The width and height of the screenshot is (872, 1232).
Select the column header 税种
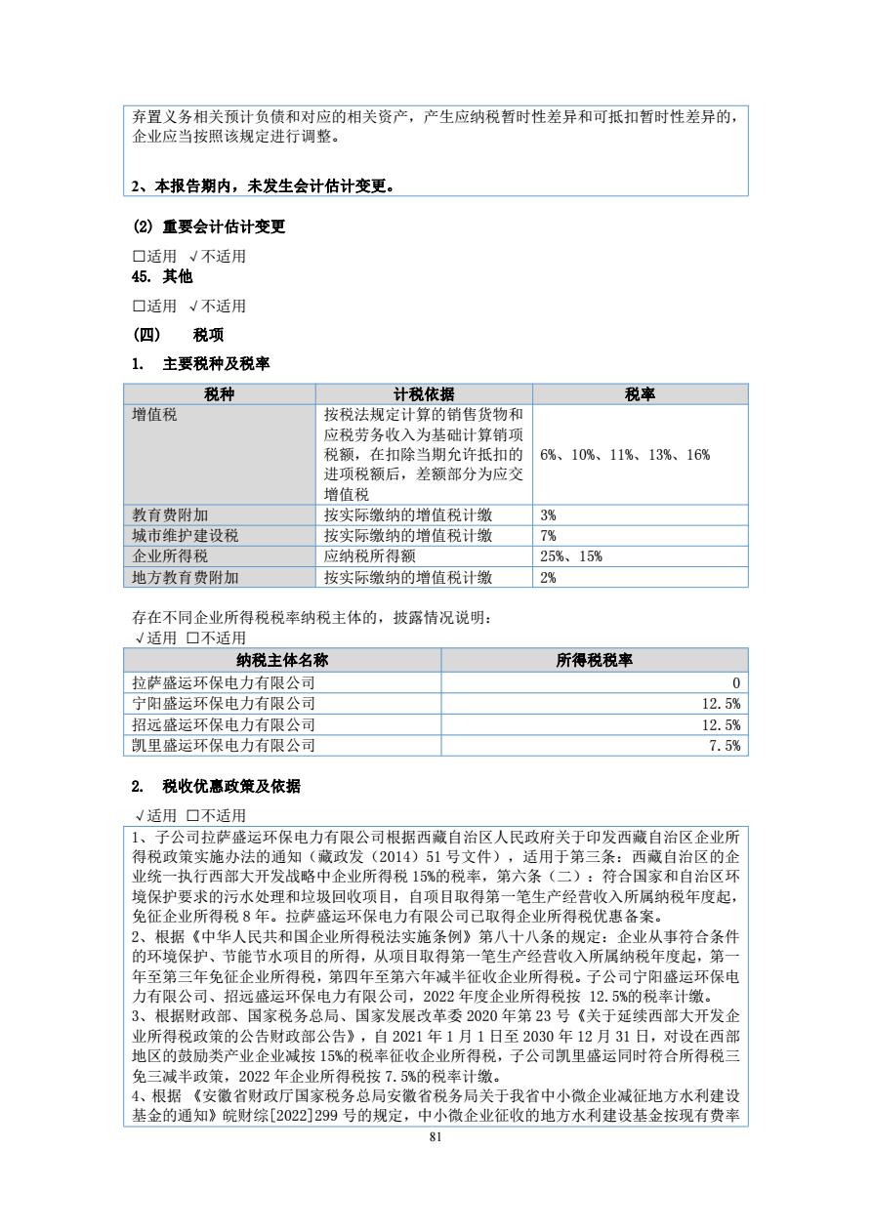point(220,394)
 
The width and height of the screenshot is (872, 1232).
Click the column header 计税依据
point(424,394)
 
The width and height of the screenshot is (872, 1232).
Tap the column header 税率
point(640,394)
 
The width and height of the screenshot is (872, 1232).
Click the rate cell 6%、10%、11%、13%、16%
point(625,455)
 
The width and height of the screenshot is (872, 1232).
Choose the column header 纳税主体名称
point(282,660)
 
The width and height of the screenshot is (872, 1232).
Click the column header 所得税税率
point(594,660)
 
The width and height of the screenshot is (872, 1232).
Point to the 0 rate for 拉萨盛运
point(735,682)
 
